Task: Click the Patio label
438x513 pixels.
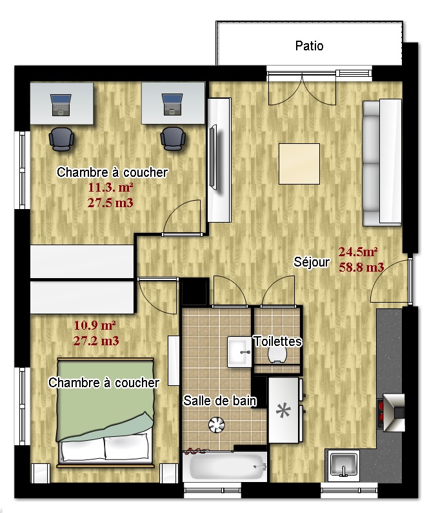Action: click(x=309, y=46)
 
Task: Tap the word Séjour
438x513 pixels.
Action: click(x=312, y=262)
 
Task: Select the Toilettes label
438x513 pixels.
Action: click(x=278, y=341)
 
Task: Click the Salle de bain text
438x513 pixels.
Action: click(x=220, y=401)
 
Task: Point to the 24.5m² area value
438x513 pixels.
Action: click(x=358, y=252)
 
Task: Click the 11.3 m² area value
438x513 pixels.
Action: click(x=110, y=188)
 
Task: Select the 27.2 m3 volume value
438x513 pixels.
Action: click(x=96, y=341)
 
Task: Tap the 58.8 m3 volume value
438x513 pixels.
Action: click(x=361, y=267)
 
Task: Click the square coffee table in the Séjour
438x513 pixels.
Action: click(x=299, y=164)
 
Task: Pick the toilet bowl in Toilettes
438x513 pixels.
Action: click(x=277, y=356)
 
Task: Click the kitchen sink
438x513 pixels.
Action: click(x=343, y=464)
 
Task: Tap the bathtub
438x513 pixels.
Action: click(x=224, y=466)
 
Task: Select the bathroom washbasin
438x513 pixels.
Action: click(x=240, y=352)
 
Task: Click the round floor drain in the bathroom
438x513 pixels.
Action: click(x=217, y=425)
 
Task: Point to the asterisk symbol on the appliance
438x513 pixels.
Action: click(x=283, y=411)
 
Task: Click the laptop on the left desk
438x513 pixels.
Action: click(x=61, y=105)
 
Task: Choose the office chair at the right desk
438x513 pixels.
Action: click(x=173, y=139)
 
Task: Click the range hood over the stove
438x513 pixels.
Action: click(x=394, y=413)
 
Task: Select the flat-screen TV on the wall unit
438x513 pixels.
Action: click(x=213, y=157)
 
